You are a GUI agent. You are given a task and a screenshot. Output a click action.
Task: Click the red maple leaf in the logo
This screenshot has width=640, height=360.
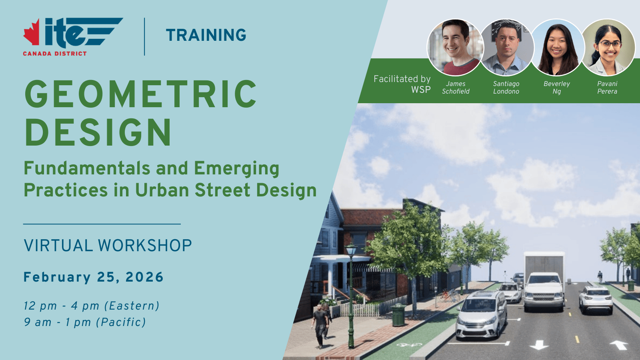coord(32,32)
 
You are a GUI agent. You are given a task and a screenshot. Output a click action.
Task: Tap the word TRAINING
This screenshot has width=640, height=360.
coord(206,35)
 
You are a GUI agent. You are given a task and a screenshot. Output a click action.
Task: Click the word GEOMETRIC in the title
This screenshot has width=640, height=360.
coord(140,94)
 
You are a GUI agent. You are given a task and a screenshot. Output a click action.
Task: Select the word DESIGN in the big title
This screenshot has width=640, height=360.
coord(98,132)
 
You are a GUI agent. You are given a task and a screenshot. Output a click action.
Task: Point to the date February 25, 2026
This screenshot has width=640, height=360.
coord(94,277)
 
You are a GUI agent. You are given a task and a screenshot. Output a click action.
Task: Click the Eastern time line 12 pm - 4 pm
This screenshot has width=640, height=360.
coord(92,306)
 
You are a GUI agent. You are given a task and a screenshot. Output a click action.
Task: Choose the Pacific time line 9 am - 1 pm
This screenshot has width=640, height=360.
coord(85,322)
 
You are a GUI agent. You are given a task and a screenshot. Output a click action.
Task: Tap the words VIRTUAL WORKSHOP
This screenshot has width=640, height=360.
coord(108,246)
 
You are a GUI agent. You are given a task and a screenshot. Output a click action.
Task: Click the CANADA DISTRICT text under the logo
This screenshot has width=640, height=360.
coord(55,54)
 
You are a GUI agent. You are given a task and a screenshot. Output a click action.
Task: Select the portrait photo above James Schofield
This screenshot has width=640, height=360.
coord(456,48)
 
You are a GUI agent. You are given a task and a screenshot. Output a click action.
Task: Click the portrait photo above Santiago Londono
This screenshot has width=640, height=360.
coord(506,48)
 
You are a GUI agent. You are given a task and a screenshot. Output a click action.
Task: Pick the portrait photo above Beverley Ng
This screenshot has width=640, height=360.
coord(556,48)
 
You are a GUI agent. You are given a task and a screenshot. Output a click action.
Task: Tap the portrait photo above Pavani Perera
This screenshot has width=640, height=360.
coord(608,48)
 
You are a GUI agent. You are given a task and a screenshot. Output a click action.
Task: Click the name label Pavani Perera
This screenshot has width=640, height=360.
coord(607,88)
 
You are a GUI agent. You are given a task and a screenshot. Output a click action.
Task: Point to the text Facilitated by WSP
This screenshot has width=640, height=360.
coord(402,84)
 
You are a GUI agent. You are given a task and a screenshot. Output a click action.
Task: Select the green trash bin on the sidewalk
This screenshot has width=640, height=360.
coord(398,315)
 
